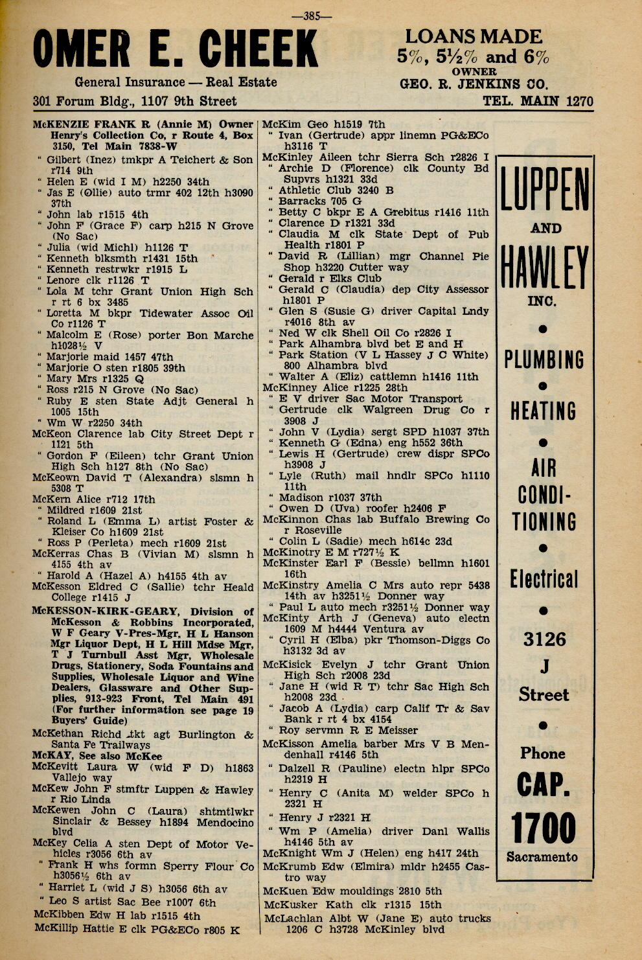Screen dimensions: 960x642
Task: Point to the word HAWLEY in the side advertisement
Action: click(544, 268)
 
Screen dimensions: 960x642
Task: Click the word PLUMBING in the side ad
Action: click(544, 360)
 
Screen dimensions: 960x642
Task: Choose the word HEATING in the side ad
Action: click(543, 411)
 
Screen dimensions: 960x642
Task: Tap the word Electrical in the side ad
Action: click(543, 579)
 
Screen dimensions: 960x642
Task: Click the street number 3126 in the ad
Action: click(544, 640)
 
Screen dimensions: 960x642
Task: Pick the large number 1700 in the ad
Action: click(544, 828)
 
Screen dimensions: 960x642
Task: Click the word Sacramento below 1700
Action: click(542, 857)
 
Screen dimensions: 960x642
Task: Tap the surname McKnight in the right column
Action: click(290, 853)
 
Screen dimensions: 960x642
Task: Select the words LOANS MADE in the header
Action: click(473, 37)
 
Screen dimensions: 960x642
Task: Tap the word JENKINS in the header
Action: click(475, 84)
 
